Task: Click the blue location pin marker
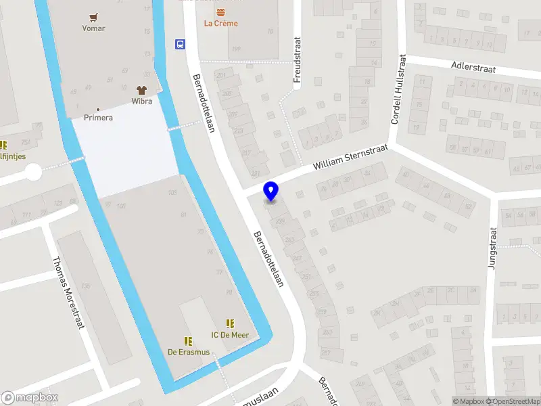[271, 191]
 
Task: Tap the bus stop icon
[180, 45]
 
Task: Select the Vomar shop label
[93, 28]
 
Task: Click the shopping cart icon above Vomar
[93, 17]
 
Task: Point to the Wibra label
[142, 101]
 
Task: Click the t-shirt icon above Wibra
[141, 90]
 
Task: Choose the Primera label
[98, 118]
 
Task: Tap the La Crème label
[221, 24]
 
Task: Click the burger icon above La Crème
[220, 12]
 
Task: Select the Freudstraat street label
[296, 60]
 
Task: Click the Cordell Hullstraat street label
[398, 90]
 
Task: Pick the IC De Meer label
[230, 335]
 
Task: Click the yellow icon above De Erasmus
[188, 341]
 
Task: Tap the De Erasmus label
[189, 352]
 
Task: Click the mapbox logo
[30, 398]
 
